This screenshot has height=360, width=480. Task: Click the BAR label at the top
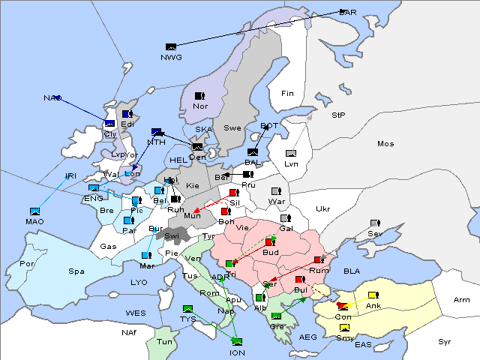(x=348, y=12)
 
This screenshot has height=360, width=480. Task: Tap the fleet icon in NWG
(x=171, y=47)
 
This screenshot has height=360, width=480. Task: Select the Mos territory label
(x=385, y=143)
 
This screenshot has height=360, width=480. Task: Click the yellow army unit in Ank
(x=373, y=295)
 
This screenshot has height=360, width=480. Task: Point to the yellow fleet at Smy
(x=344, y=328)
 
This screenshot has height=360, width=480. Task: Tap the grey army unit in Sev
(x=374, y=223)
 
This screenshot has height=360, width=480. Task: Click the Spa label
(x=76, y=271)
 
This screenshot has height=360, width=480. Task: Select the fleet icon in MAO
(x=34, y=211)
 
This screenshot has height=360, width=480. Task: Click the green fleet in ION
(x=237, y=342)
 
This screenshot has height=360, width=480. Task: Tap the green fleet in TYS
(x=187, y=308)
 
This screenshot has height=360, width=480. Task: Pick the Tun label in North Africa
(x=164, y=341)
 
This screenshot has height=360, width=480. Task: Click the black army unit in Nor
(x=199, y=96)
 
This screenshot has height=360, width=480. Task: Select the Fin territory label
(x=286, y=93)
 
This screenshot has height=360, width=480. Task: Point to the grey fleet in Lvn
(x=291, y=154)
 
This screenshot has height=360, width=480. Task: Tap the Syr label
(x=445, y=341)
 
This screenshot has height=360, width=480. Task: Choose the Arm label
(x=462, y=299)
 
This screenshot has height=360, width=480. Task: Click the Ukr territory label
(x=322, y=208)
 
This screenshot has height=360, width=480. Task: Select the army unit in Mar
(x=146, y=255)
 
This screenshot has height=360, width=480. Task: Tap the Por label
(x=27, y=263)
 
